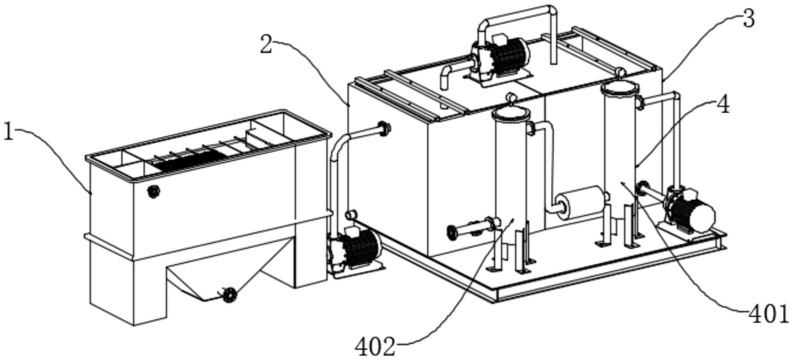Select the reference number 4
click(x=722, y=105)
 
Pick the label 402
click(x=375, y=347)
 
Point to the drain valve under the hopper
click(x=229, y=294)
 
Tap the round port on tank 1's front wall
click(x=153, y=191)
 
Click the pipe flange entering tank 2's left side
click(x=384, y=128)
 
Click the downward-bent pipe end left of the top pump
click(x=445, y=79)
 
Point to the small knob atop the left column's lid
click(x=511, y=100)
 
